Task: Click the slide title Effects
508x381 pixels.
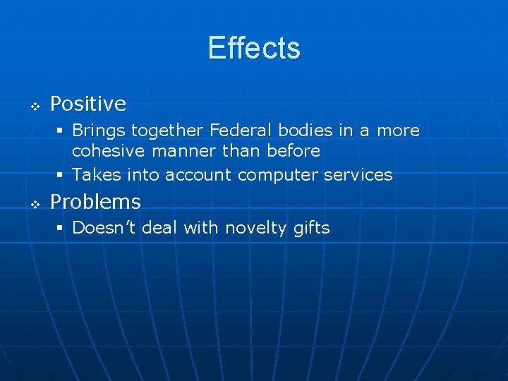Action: tap(254, 49)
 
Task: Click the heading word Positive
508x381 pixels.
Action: tap(88, 104)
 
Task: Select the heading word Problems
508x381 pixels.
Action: tap(95, 202)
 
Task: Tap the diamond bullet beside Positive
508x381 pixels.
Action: tap(34, 107)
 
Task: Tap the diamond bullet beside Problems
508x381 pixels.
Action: tap(34, 204)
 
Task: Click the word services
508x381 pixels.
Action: tap(358, 174)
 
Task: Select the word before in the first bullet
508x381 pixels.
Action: tap(294, 151)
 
